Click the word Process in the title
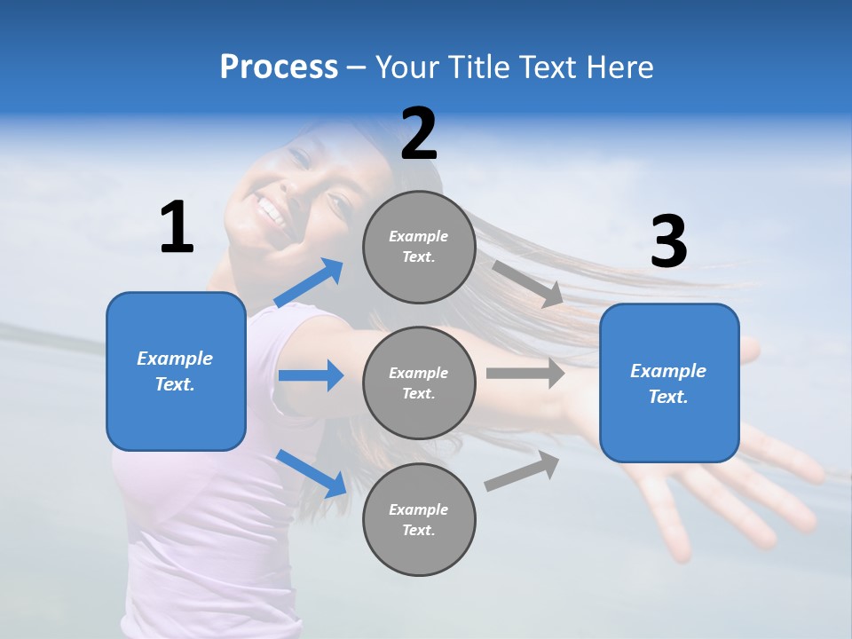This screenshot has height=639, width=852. (279, 67)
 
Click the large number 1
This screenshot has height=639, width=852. (177, 227)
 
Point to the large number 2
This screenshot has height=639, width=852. (419, 134)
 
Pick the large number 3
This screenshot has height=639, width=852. (668, 242)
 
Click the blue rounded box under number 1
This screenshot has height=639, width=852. (176, 371)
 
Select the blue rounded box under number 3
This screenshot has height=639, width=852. (669, 383)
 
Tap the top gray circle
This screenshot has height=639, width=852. (419, 247)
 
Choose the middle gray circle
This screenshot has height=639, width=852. (419, 383)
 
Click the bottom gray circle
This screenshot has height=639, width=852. (419, 519)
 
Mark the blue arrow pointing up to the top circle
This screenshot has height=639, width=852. (309, 283)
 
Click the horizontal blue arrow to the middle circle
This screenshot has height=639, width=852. (311, 375)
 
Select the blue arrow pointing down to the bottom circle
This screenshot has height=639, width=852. (311, 473)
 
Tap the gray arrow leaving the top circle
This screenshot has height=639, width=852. (527, 283)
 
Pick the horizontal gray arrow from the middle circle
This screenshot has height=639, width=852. (525, 373)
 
